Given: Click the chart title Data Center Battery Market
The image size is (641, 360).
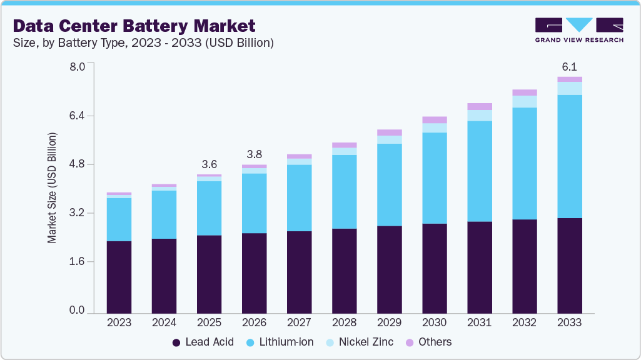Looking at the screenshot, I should click(134, 26).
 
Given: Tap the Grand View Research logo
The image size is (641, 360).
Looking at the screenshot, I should click(579, 29).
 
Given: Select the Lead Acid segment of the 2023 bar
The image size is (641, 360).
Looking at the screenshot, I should click(119, 276).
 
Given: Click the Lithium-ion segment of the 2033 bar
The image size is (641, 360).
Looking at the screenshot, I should click(570, 156).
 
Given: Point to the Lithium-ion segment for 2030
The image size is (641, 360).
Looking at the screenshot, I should click(435, 177).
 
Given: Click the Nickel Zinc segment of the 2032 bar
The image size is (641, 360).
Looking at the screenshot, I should click(525, 101).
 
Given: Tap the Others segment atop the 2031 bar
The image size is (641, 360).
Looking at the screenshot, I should click(480, 106).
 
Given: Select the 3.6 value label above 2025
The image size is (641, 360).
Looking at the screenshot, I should click(209, 164).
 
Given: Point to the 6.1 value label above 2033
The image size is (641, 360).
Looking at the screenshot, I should click(570, 66).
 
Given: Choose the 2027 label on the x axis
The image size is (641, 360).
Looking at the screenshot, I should click(299, 323).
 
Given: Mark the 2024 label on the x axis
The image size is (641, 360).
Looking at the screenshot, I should click(164, 323).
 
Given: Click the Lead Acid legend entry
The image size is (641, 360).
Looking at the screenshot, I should click(202, 342).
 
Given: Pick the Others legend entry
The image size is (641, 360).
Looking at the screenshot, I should click(428, 342).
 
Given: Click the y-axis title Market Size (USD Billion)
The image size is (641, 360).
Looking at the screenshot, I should click(53, 187).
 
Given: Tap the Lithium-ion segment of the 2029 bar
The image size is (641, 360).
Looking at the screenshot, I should click(390, 184).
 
